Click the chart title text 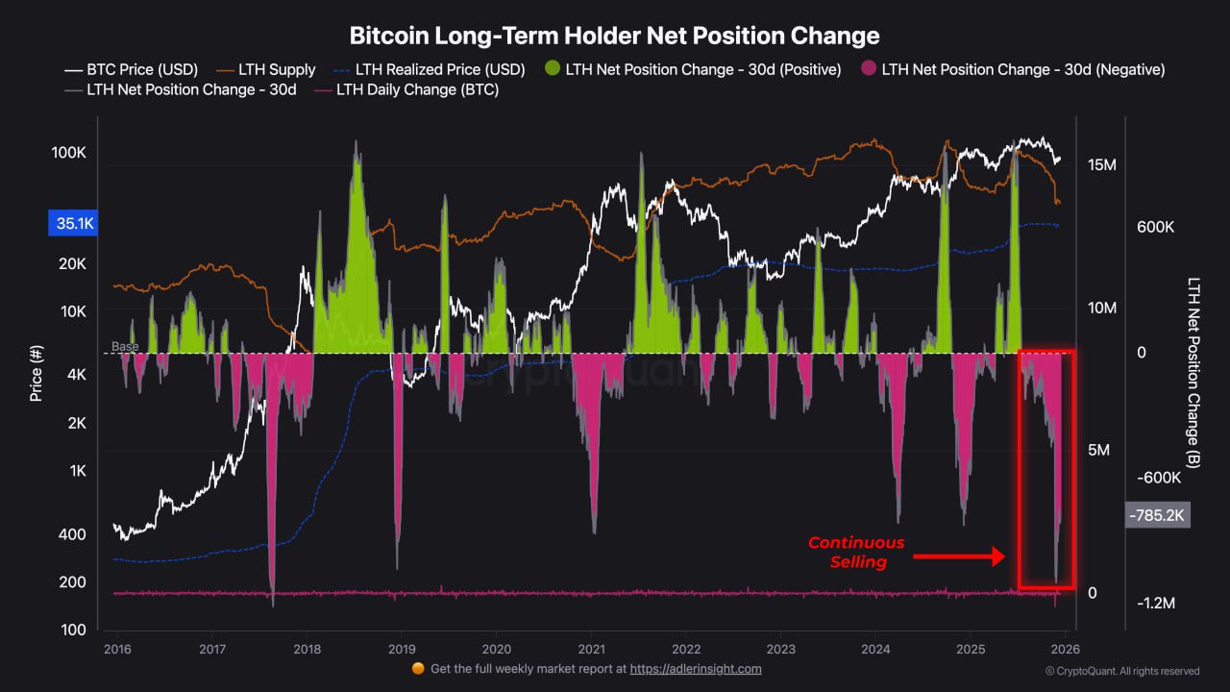[614, 37]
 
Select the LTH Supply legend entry [279, 69]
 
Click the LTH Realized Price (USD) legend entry [439, 69]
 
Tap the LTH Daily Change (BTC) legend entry [417, 90]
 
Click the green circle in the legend [552, 69]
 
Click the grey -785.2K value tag [1157, 516]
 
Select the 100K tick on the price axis [69, 153]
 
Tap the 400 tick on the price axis [73, 534]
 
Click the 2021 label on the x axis [591, 649]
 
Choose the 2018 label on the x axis [307, 649]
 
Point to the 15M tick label [1102, 165]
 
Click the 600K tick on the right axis [1155, 227]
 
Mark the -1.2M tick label [1155, 603]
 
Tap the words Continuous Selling [856, 553]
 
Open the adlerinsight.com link [696, 669]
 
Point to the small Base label [125, 346]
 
